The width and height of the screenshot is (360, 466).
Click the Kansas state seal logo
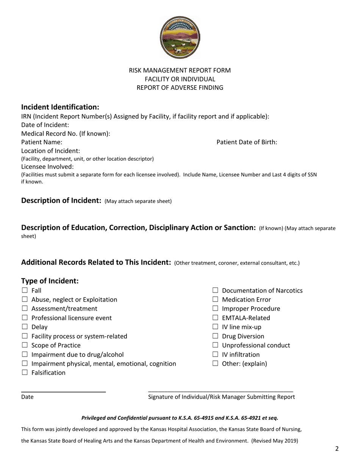tap(180, 38)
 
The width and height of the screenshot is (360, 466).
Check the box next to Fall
tap(25, 291)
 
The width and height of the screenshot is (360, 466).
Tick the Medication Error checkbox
tap(216, 300)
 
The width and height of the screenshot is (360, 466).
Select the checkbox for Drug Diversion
tap(216, 336)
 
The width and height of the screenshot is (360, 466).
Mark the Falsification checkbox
tap(25, 373)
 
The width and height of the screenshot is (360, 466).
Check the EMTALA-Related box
tap(216, 318)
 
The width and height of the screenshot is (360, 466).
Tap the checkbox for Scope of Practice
tap(25, 345)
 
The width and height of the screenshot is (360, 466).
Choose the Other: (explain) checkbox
tap(216, 364)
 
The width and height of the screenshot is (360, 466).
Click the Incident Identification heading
tap(60, 107)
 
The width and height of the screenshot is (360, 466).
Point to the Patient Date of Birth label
tap(247, 142)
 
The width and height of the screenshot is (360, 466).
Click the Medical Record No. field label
tap(66, 133)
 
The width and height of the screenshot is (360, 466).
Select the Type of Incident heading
tap(50, 281)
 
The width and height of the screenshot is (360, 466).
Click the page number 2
tap(337, 449)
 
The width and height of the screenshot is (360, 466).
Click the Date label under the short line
tap(27, 397)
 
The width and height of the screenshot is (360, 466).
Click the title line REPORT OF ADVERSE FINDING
tap(180, 88)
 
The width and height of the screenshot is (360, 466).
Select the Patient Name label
tap(42, 142)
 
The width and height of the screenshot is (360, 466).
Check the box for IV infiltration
tap(216, 355)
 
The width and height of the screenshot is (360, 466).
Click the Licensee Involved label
tap(47, 167)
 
